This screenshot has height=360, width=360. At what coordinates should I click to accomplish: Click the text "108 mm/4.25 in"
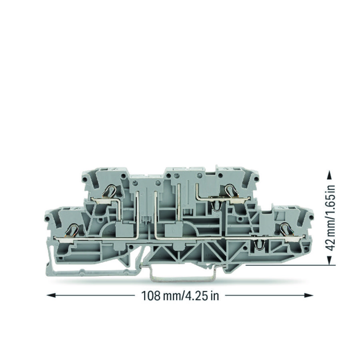180,296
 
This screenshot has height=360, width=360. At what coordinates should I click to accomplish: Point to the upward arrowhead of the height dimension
329,175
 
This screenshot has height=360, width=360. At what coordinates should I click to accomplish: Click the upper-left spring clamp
110,192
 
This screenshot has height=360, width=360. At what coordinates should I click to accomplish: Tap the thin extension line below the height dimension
288,265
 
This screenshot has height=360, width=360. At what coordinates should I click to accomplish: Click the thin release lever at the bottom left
92,273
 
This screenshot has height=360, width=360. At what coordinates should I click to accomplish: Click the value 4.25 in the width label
197,296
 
